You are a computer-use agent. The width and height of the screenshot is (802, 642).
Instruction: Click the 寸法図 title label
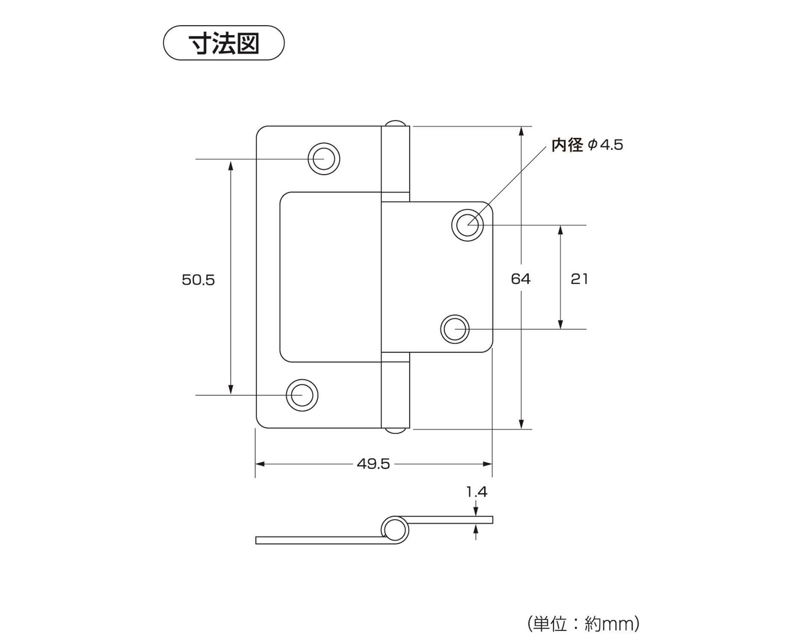[224, 43]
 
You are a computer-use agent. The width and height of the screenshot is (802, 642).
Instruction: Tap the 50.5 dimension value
[198, 280]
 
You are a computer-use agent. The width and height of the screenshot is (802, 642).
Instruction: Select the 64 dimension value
[521, 279]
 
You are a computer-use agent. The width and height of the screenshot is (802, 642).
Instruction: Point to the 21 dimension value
[579, 279]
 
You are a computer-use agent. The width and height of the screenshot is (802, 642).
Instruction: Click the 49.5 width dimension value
[373, 464]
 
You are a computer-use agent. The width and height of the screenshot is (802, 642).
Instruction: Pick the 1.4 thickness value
[476, 492]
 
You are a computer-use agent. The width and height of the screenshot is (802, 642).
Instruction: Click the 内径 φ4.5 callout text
[587, 145]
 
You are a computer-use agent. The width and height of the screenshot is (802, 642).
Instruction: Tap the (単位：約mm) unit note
[583, 624]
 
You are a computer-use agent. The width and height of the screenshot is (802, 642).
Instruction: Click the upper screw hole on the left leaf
[324, 159]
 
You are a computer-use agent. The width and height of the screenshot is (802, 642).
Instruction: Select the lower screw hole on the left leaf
[302, 395]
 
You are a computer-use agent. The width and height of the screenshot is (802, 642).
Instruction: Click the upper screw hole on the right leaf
[468, 225]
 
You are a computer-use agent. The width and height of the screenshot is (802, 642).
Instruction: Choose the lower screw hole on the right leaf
[455, 329]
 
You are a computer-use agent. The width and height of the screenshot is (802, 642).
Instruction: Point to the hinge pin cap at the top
[396, 123]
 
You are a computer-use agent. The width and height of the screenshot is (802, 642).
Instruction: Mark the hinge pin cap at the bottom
[396, 431]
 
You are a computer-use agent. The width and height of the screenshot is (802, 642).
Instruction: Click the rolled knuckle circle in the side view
[394, 530]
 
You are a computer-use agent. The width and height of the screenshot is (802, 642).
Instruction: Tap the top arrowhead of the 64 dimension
[521, 131]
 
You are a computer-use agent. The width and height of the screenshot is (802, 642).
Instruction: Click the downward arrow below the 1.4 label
[476, 512]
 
